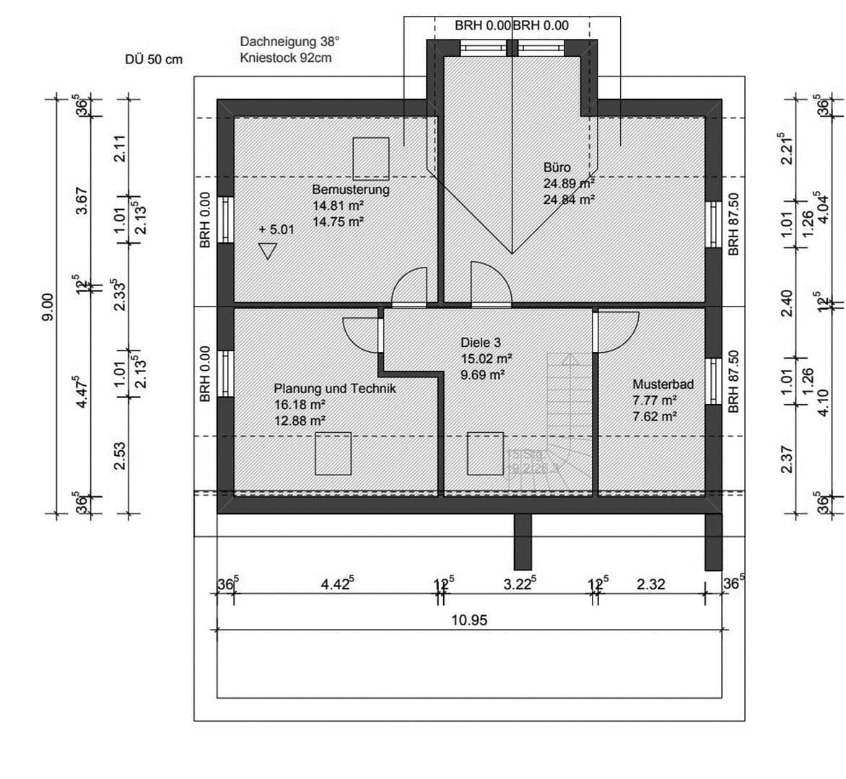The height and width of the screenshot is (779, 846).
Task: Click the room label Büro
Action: coord(557,167)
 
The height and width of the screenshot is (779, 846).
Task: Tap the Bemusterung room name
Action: coord(350,190)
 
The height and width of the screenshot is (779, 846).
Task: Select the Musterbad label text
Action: coord(663,384)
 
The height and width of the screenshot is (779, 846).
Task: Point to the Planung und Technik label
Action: coord(335,388)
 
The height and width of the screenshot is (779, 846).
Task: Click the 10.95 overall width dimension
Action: coord(469,620)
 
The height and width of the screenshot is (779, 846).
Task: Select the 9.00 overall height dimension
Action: coord(48,306)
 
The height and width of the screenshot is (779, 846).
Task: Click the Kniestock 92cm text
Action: coord(286,58)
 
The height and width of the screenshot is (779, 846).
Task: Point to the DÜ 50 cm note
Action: coord(154,60)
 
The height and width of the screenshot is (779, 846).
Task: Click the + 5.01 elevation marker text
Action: coord(276,230)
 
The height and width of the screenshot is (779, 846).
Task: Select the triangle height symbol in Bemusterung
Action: coord(268,251)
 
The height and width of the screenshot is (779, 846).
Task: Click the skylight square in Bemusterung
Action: coord(371,158)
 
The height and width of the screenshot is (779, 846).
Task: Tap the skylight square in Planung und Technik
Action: coord(333,453)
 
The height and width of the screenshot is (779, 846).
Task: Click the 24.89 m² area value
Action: coord(569,183)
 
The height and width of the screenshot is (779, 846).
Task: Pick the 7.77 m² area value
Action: coord(655,400)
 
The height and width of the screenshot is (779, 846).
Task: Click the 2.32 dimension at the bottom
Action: coord(650,584)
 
